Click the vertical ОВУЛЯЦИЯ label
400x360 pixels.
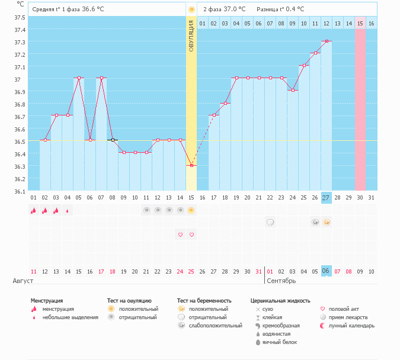coord(191,35)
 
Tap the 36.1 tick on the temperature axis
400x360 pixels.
coord(20,191)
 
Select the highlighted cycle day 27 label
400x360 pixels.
coord(326,197)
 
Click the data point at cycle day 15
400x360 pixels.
coord(191,166)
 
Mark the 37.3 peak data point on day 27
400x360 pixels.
coord(327,41)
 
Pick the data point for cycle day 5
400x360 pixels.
coord(79,78)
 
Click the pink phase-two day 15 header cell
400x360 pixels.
coord(360,23)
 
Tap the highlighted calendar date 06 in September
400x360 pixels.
coord(326,271)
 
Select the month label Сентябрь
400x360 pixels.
coord(280,281)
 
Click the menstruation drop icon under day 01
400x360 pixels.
coord(34,210)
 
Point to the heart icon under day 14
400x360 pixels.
coord(180,234)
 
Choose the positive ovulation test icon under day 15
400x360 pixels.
coord(191,210)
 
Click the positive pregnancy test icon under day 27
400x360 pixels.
coord(327,222)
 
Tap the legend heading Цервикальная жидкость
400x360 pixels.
coord(280,301)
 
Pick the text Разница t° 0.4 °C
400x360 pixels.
coord(280,9)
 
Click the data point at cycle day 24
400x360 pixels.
coord(293,91)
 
